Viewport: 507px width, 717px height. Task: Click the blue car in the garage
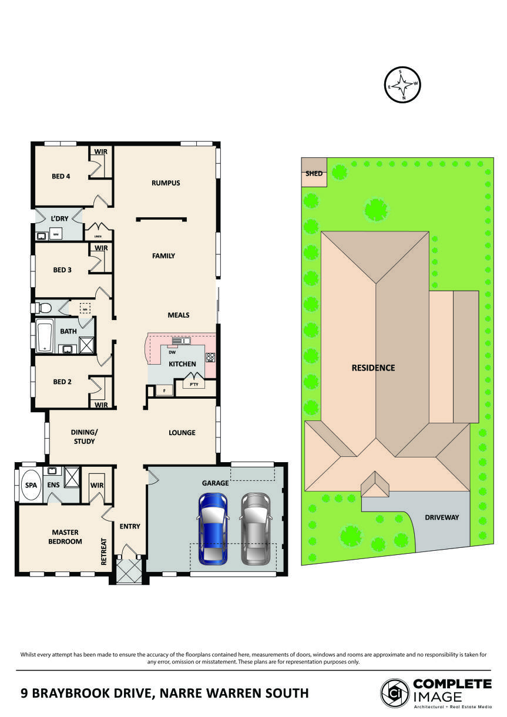[213, 529]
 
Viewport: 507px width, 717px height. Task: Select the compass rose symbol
[402, 85]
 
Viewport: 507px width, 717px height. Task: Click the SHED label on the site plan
[314, 174]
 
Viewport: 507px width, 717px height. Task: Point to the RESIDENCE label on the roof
[373, 368]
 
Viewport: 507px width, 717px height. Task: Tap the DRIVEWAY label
[442, 517]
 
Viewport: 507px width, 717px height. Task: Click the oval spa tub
[30, 486]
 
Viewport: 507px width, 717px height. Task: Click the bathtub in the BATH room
[45, 337]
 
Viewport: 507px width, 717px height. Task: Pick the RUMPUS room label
[166, 183]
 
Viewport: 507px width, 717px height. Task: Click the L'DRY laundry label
[59, 218]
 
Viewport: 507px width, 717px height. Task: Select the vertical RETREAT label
[104, 551]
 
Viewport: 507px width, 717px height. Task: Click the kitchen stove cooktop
[210, 357]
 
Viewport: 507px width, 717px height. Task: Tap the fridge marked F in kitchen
[164, 391]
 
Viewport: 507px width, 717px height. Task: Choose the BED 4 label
[61, 176]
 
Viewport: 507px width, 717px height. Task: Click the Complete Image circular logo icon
[395, 693]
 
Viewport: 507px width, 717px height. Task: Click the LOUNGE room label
[182, 433]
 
